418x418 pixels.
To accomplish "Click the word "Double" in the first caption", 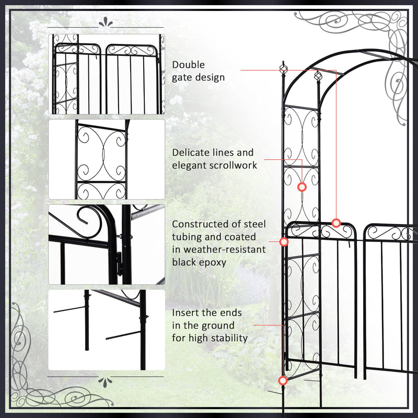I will coord(189,65).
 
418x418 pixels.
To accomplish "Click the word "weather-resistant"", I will coord(219,249).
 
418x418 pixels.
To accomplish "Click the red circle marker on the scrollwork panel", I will coord(301,187).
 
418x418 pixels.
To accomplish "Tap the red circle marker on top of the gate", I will coord(336,223).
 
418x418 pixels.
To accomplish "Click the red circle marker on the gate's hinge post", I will coord(284,242).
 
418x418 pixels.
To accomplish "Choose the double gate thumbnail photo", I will coord(107,74).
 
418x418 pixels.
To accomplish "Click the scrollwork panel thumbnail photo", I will coord(107,159).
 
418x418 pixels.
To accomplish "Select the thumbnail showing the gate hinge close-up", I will coord(107,245).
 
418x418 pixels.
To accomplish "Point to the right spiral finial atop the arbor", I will coord(316,77).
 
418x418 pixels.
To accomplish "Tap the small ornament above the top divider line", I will coord(107,22).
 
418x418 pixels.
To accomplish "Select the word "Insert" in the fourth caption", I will coord(187,312).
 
